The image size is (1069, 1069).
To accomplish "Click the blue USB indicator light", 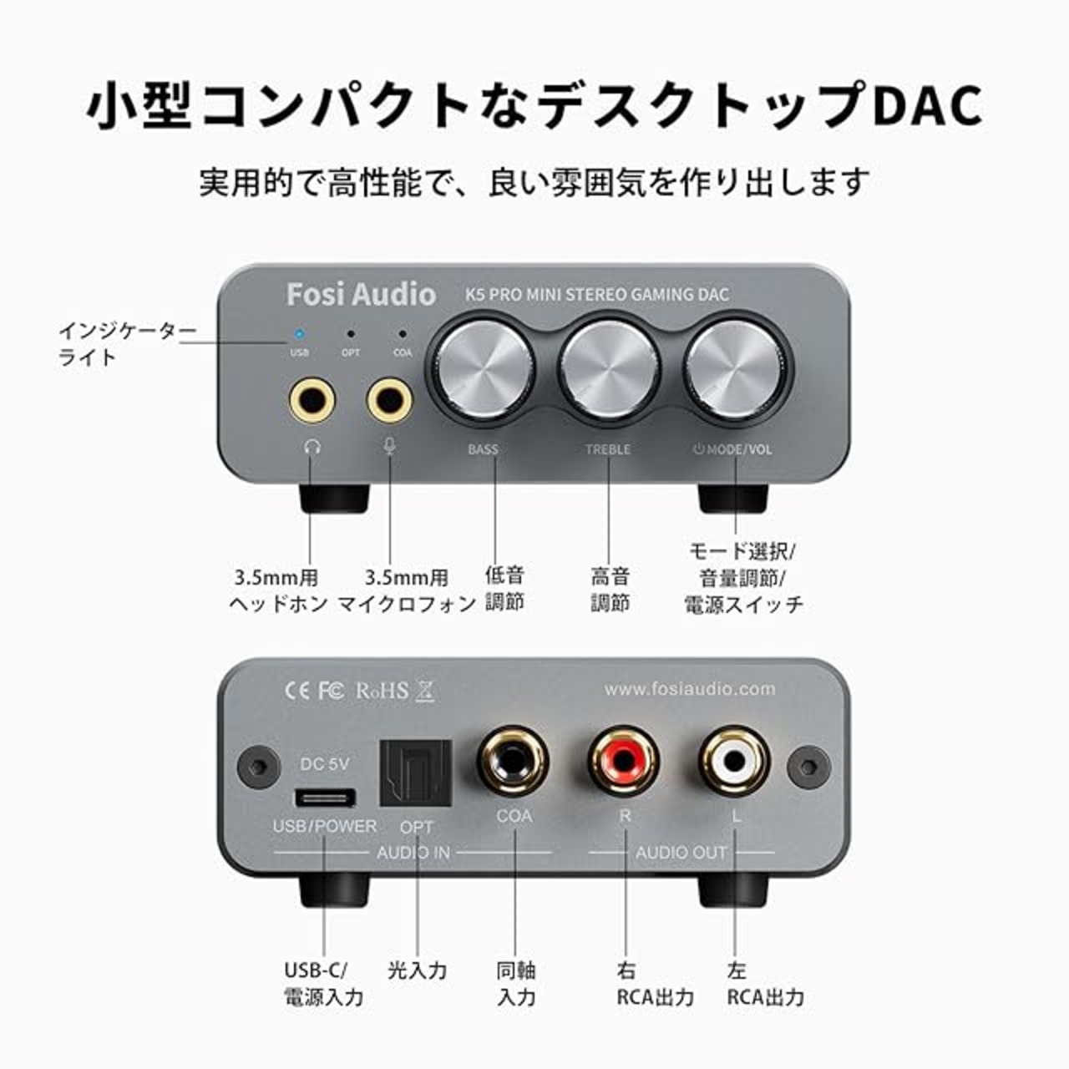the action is click(300, 335).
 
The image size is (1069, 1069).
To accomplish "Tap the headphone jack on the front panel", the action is click(312, 400).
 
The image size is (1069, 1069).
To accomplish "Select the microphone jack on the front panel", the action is click(389, 400).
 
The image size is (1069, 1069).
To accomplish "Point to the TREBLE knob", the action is click(609, 369).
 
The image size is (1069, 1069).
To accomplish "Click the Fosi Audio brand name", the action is click(361, 295).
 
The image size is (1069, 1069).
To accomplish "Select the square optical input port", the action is click(416, 773).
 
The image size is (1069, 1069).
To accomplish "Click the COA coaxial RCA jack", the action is click(514, 762).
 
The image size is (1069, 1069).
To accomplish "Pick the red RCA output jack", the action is click(624, 762).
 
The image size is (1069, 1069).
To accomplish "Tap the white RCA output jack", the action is click(734, 762).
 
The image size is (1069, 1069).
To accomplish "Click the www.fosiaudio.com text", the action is click(690, 688).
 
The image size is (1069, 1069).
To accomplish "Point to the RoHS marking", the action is click(383, 691).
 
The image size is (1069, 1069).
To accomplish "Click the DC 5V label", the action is click(325, 764).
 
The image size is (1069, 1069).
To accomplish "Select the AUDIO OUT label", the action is click(681, 853).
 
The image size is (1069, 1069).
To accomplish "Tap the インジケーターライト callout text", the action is click(128, 344).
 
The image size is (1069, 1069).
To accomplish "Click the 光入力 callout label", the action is click(418, 970).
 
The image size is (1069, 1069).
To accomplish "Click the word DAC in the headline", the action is click(927, 104).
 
